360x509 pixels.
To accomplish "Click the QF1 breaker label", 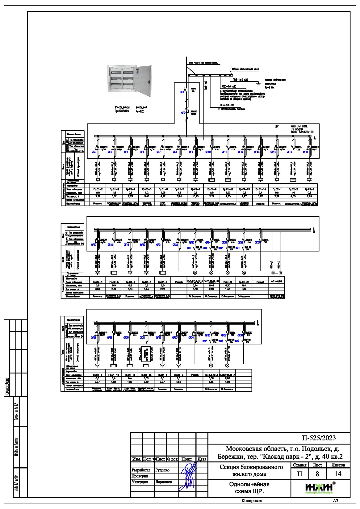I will (182, 92).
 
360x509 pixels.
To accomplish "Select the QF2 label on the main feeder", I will (183, 113).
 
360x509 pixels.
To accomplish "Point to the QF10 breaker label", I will (208, 152).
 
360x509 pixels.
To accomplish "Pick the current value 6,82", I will (114, 196).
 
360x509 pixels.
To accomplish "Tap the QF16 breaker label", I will (305, 152).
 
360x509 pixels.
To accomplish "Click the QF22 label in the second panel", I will (175, 244).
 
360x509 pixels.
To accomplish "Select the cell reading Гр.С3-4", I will (163, 282).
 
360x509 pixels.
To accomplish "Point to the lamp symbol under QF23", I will (195, 273).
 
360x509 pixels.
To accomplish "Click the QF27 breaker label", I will (257, 243).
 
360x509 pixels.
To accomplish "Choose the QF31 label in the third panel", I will (142, 337).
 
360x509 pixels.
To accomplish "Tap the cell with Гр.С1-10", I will (113, 375).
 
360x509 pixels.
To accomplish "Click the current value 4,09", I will (227, 382).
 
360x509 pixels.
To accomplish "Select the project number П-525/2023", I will (319, 438).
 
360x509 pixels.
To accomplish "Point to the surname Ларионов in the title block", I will (164, 482).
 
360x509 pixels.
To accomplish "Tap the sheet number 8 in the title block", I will (317, 474).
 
